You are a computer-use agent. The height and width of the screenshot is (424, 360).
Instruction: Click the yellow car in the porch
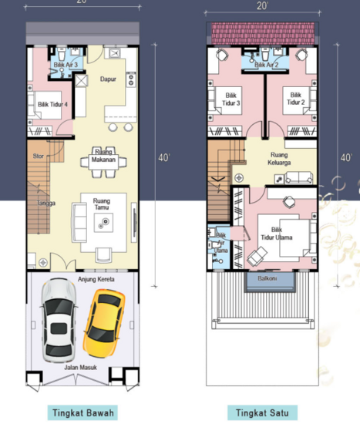pyautogui.click(x=104, y=318)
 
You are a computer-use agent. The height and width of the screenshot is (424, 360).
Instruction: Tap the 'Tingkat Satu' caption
pyautogui.click(x=263, y=412)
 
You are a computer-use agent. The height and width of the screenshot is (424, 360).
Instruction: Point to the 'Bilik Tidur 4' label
pyautogui.click(x=52, y=104)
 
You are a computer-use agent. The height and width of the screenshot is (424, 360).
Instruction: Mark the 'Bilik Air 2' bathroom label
pyautogui.click(x=266, y=66)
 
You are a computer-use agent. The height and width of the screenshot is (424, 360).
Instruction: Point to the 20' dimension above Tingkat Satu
pyautogui.click(x=264, y=6)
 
